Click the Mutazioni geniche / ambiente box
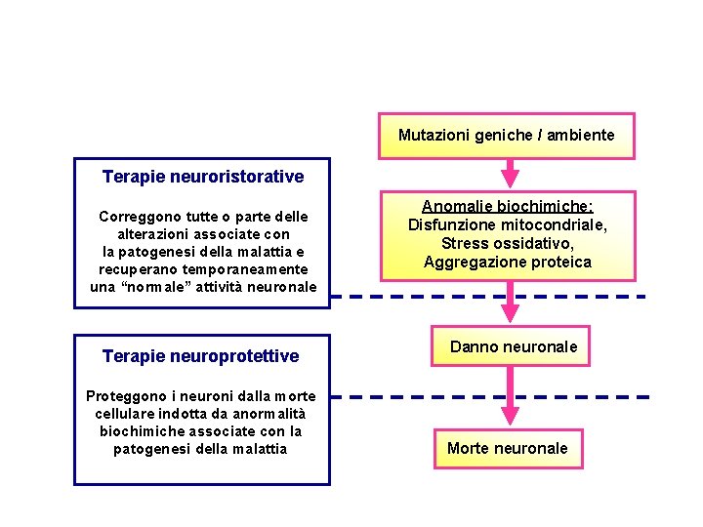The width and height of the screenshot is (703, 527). coord(506,136)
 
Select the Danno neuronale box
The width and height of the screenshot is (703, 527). coord(513,346)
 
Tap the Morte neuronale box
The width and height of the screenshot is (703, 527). coord(507,448)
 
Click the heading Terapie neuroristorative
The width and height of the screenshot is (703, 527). coord(203,177)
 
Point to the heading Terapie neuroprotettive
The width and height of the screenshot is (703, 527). coord(201,356)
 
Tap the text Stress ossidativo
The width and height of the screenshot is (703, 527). coord(507,243)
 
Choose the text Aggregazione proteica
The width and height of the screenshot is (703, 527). coord(507,262)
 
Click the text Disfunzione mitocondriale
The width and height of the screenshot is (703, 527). coord(507,225)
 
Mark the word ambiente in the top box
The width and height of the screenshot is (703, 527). coord(580,135)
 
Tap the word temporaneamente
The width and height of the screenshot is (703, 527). coord(246,269)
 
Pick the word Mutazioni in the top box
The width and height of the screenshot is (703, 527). coord(433,135)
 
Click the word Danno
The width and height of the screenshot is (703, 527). coord(472,346)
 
